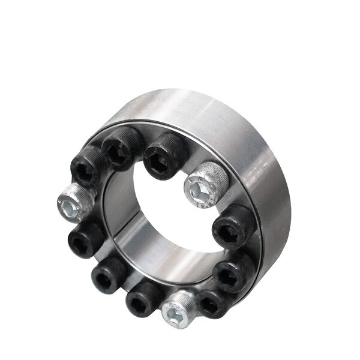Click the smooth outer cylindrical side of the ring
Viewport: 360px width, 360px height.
pos(264,180)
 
